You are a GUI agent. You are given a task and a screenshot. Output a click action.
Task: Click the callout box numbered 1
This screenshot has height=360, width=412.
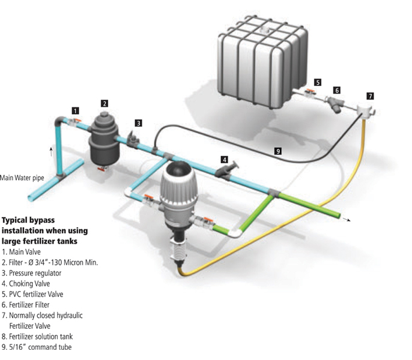click(x=74, y=110)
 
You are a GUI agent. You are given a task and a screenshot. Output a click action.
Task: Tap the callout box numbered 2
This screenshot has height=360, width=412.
click(x=105, y=103)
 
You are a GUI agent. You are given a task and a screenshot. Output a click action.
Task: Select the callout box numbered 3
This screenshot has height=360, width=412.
click(x=138, y=123)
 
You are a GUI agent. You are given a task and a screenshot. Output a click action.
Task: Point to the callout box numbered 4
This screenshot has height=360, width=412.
click(x=224, y=160)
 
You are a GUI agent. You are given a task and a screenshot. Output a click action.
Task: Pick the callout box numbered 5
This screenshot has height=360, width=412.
click(x=318, y=82)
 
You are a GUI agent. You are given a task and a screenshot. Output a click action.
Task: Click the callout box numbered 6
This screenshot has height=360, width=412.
click(x=337, y=90)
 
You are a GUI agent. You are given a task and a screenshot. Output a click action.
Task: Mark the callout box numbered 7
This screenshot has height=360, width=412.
click(x=370, y=95)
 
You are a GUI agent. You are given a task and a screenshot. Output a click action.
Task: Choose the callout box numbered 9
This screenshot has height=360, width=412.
click(x=277, y=151)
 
